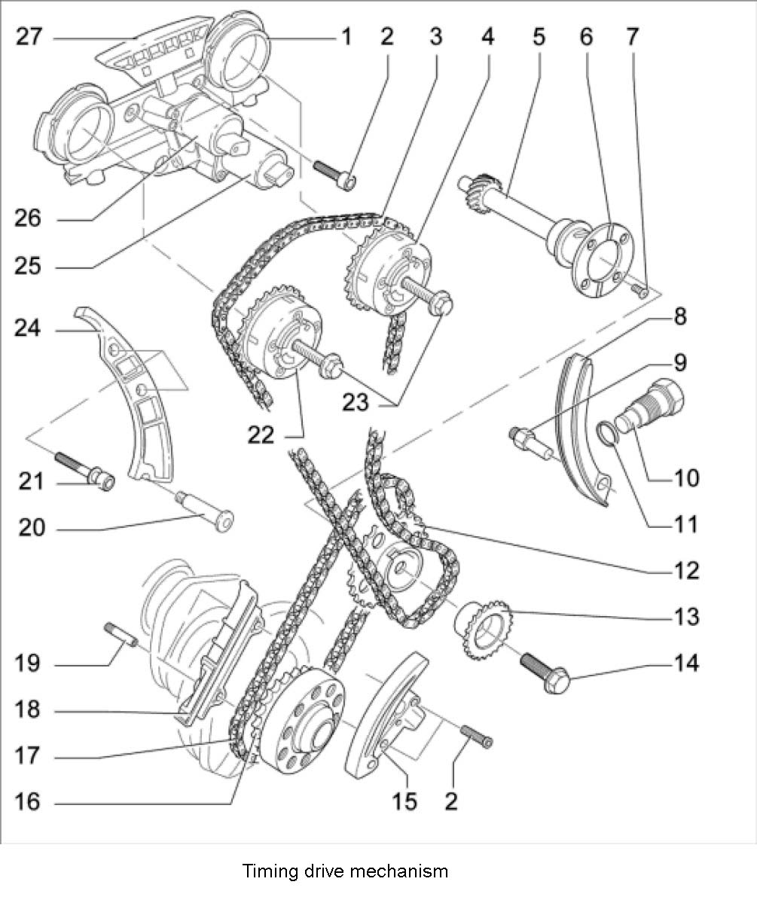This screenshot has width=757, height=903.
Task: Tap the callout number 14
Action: [685, 664]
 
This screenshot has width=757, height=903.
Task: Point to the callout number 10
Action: [685, 477]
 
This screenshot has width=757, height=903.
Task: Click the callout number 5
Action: [538, 35]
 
